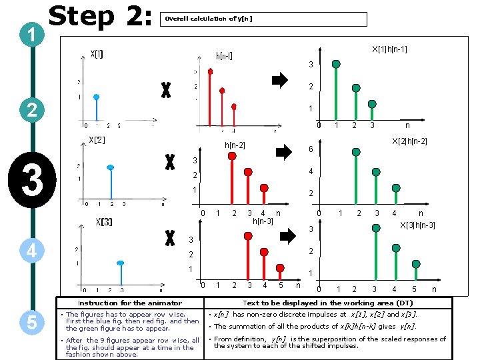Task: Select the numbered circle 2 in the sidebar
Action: pos(31,109)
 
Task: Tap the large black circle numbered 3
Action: pos(31,180)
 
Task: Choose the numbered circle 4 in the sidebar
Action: pos(31,251)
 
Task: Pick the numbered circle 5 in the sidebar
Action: pos(31,322)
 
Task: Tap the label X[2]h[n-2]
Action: pos(409,141)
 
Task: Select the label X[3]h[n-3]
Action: pos(417,225)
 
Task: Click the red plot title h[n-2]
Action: pos(234,145)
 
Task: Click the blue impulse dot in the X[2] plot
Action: pos(111,167)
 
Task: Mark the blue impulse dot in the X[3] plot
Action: pos(120,263)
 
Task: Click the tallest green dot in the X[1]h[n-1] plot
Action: pos(337,65)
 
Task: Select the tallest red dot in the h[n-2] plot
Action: pos(232,156)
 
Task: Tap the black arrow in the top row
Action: pos(280,81)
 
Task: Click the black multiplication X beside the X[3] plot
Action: pos(169,237)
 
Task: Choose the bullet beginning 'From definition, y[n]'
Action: pos(329,342)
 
